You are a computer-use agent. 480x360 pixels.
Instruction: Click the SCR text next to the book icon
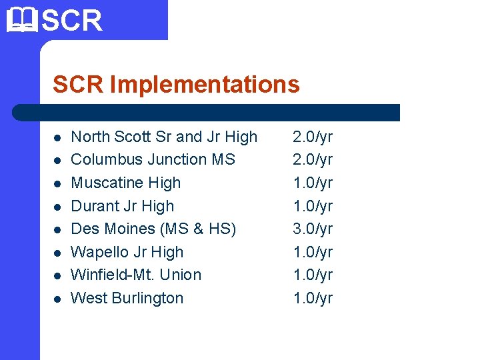(72, 20)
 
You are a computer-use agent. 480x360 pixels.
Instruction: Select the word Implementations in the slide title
(205, 85)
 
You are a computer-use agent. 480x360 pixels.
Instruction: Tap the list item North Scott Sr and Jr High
(164, 137)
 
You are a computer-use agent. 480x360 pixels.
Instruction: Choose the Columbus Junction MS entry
(153, 159)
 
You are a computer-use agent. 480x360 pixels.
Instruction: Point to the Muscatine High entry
(125, 183)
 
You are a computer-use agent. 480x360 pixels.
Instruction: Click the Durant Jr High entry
(122, 206)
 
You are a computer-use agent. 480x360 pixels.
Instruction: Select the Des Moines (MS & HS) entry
(153, 229)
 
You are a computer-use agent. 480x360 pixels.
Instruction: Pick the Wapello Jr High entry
(127, 252)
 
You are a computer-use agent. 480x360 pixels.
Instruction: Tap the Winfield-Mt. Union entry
(136, 275)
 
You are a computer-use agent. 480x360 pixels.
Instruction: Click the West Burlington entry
(127, 298)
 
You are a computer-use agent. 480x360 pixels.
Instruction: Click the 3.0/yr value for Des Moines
(313, 229)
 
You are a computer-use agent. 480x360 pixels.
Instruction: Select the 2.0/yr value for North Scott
(313, 137)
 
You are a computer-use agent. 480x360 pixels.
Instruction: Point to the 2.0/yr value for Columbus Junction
(313, 159)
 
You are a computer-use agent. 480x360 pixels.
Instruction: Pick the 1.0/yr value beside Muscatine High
(313, 183)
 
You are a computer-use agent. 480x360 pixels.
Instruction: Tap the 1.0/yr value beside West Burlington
(313, 298)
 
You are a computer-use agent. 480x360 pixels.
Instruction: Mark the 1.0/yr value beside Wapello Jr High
(313, 252)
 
